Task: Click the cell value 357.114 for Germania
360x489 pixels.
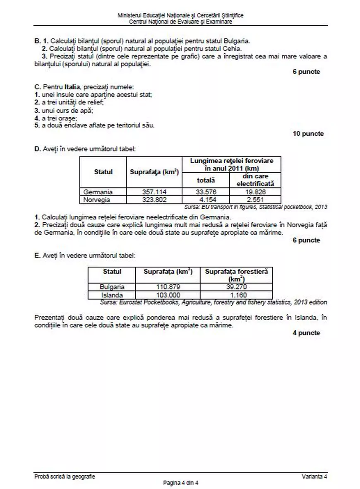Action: tap(154, 192)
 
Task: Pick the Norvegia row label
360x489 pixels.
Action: tap(97, 200)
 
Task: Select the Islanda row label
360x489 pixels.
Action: tap(112, 295)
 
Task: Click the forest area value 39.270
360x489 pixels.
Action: tap(237, 287)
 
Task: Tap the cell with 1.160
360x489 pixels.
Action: tap(237, 295)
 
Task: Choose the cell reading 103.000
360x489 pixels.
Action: tap(168, 295)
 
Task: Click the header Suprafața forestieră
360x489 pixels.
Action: tap(237, 272)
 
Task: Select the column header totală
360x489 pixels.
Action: tap(205, 180)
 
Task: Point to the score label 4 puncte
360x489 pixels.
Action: tap(306, 333)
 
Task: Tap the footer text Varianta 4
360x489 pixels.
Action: tap(314, 477)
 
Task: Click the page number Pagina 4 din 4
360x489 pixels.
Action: tap(181, 483)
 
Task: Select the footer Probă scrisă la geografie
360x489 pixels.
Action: tap(65, 477)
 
